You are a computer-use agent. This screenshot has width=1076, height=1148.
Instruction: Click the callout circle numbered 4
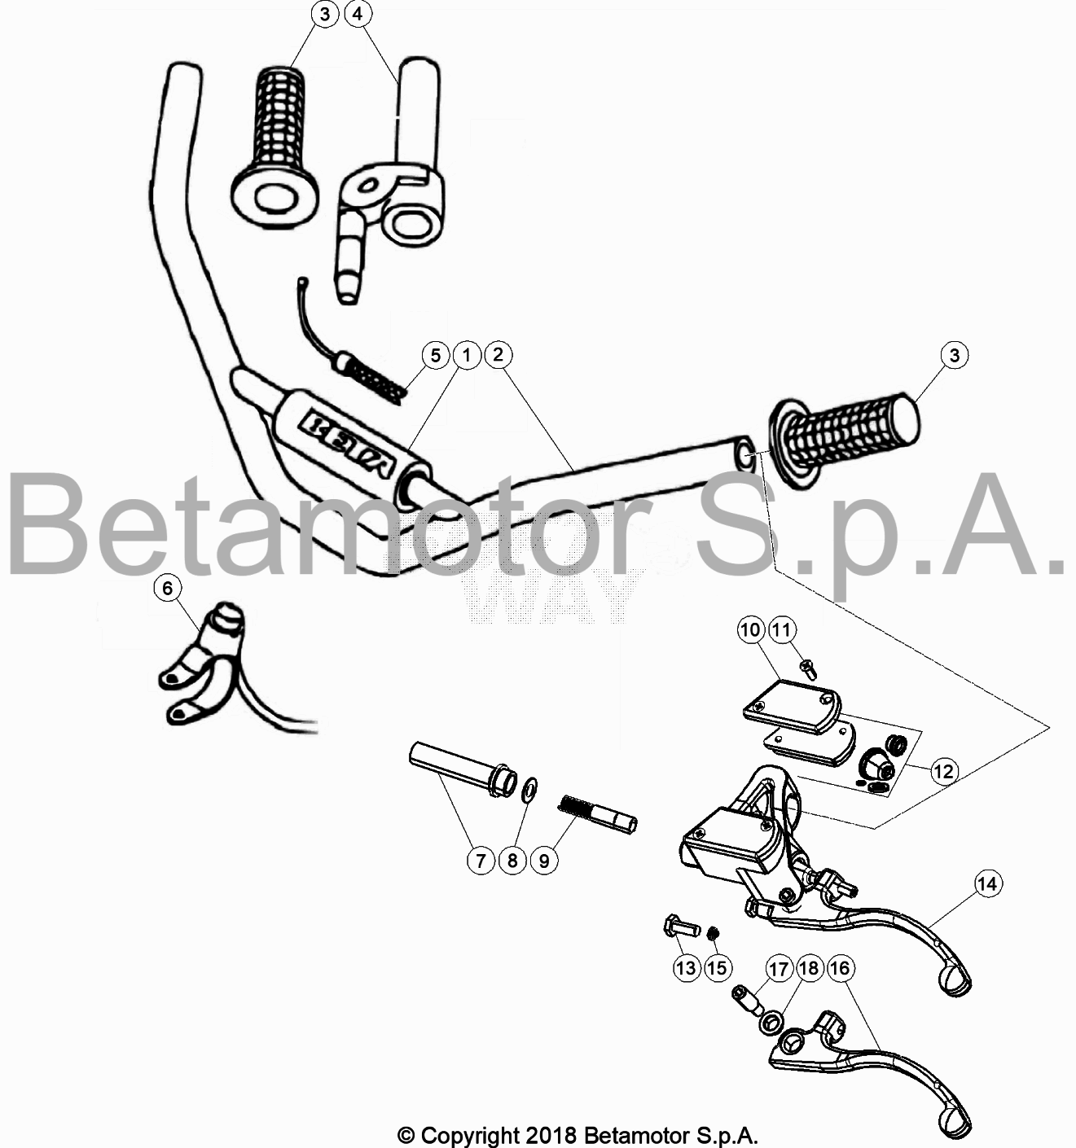359,14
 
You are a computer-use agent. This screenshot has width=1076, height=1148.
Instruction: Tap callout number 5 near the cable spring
436,355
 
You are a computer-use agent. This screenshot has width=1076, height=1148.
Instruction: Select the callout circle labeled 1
467,355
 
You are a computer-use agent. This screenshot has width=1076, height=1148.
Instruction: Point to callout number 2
498,355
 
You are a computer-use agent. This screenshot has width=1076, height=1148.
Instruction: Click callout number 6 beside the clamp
169,588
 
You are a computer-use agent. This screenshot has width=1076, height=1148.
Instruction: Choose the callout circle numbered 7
481,860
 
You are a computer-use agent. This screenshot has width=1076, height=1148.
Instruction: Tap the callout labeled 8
512,860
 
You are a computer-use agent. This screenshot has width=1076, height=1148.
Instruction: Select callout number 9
544,860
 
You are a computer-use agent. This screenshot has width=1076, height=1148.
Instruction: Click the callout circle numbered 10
751,629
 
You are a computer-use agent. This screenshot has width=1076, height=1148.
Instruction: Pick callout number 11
782,629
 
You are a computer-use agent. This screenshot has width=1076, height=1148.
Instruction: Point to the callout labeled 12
943,770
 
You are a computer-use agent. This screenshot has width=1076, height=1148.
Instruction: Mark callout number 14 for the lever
988,883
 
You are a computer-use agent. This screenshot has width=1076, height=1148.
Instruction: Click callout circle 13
687,967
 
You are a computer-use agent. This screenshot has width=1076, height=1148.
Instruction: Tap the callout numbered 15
717,967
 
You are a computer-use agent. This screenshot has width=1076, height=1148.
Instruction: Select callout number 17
780,968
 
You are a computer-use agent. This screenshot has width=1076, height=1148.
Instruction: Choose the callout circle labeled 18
810,968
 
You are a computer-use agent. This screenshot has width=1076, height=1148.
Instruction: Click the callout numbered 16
841,968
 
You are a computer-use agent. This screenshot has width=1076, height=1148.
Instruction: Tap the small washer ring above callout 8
529,788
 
